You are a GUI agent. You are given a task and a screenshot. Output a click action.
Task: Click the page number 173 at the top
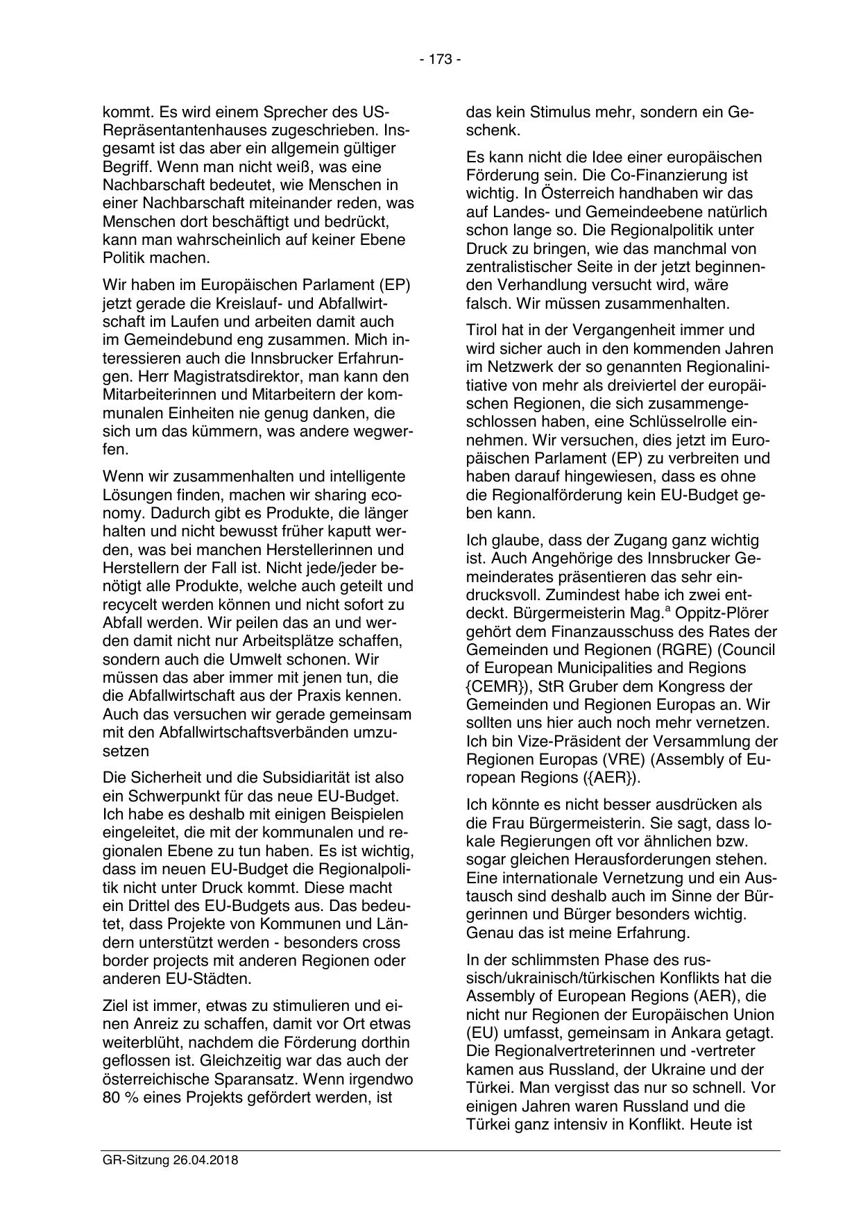tap(440, 60)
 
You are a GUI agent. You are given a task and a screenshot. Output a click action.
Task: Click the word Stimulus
tap(561, 112)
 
